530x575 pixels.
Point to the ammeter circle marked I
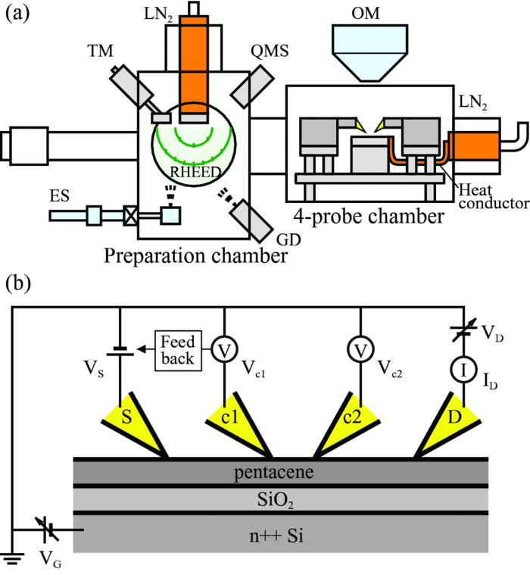pos(462,369)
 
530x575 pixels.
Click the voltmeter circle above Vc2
pos(359,350)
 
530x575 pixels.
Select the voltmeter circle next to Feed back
pos(224,350)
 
